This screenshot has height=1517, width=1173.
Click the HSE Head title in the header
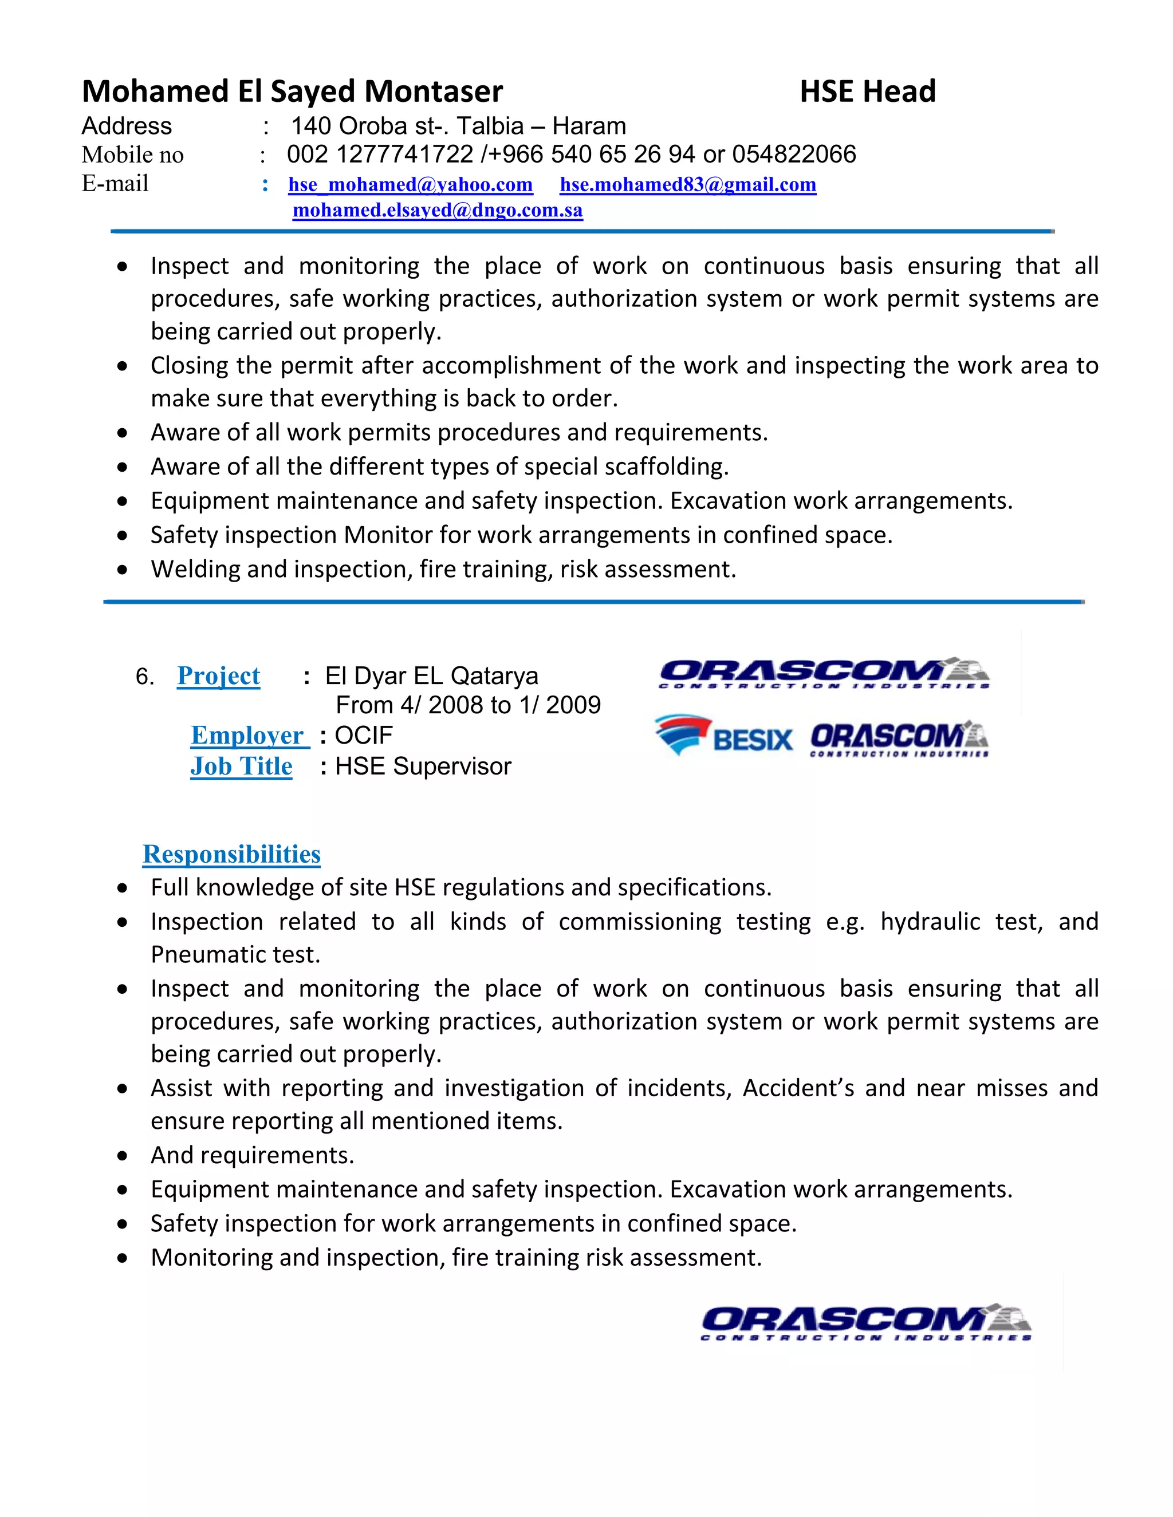[x=867, y=92]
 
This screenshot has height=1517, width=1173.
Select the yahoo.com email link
[x=410, y=185]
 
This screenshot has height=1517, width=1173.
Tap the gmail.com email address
[x=687, y=185]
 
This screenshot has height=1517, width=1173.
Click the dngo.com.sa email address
[x=437, y=211]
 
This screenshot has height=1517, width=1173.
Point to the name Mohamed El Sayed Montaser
[x=292, y=92]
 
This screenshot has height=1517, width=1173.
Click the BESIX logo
[x=723, y=736]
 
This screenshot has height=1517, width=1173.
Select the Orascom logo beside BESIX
[x=899, y=739]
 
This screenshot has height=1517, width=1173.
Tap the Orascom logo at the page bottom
[x=866, y=1321]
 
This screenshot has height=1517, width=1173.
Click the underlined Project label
[x=218, y=676]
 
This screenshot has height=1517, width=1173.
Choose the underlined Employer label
[x=249, y=736]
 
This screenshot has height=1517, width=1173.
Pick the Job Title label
[x=241, y=766]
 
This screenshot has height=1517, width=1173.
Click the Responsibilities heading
[x=231, y=854]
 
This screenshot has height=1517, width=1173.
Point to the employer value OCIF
[x=364, y=736]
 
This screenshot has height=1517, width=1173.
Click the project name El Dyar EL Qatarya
[x=431, y=676]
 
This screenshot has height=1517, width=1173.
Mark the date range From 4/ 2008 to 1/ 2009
[x=468, y=706]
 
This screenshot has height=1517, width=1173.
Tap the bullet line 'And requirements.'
[x=252, y=1155]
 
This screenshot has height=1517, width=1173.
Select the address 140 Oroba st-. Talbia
[x=407, y=127]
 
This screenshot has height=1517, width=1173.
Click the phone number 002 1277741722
[x=380, y=154]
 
